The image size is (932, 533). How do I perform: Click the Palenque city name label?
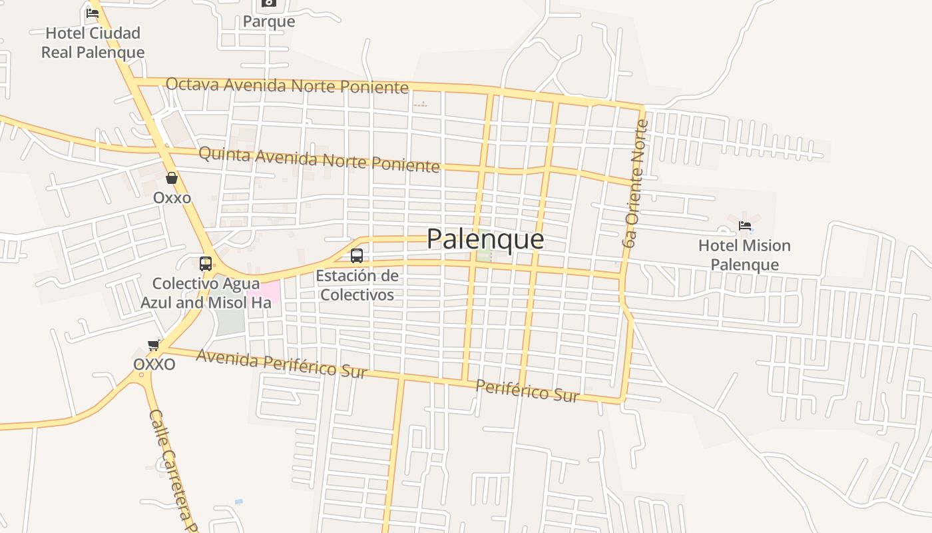point(485,239)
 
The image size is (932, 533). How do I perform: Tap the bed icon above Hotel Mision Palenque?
point(745,226)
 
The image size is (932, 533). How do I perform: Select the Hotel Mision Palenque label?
point(744,255)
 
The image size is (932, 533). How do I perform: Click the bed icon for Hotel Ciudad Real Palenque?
point(93,13)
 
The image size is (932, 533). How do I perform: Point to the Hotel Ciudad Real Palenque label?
point(93,43)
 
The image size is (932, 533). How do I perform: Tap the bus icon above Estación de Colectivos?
point(357,255)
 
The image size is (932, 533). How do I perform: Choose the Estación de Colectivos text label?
point(357,285)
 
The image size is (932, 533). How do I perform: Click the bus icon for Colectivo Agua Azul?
point(206,263)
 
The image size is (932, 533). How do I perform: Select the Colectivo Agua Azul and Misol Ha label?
point(206,293)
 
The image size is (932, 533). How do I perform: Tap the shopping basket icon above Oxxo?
point(172,178)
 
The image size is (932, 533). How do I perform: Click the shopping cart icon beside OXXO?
point(154,345)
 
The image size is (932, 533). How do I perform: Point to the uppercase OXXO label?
point(154,364)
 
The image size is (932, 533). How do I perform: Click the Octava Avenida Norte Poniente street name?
point(287,85)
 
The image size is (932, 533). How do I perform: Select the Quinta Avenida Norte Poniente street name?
point(319,159)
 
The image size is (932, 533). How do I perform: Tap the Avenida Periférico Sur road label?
point(282,364)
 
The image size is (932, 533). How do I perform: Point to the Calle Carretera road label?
point(172,470)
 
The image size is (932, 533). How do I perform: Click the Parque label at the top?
point(269,21)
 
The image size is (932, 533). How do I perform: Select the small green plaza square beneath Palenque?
point(484,255)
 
